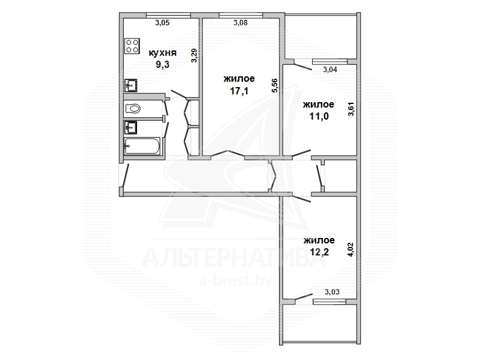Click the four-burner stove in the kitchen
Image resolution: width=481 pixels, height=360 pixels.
[x=132, y=46]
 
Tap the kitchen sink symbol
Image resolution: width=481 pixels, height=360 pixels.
[x=131, y=85]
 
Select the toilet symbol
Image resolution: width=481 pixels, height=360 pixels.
[x=133, y=109]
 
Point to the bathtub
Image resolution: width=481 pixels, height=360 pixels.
[x=142, y=146]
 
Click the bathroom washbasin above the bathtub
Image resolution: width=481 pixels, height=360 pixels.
[x=130, y=127]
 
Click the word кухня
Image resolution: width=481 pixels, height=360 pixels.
[x=162, y=53]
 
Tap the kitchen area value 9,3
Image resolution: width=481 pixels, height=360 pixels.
[x=162, y=65]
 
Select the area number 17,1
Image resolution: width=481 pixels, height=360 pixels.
[x=239, y=91]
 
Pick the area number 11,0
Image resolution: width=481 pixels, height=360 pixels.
[x=319, y=116]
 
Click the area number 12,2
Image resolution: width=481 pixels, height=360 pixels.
[x=319, y=252]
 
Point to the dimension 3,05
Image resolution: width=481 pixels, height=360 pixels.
[x=162, y=23]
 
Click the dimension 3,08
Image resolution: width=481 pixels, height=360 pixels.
[x=240, y=22]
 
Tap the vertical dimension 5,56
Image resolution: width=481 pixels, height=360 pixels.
[x=275, y=85]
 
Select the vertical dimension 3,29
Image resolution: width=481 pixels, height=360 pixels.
[x=194, y=56]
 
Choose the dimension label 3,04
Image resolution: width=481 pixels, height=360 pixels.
[x=330, y=70]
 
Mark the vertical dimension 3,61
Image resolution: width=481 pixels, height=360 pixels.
[x=351, y=109]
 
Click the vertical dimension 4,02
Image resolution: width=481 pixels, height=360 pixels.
[x=351, y=249]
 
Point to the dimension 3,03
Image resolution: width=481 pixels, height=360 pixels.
[x=332, y=292]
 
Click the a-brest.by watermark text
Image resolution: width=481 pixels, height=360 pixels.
[x=236, y=280]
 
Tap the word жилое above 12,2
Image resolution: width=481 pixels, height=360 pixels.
[x=319, y=240]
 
